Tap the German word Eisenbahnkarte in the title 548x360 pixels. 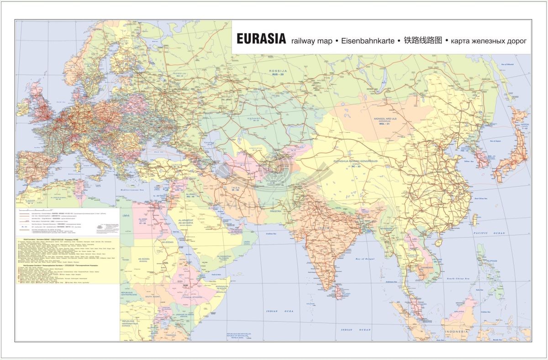[368, 41]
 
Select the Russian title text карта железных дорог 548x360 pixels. [489, 41]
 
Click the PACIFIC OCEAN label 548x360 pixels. [490, 233]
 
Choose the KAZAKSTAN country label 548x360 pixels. [256, 119]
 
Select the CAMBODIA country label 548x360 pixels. [427, 267]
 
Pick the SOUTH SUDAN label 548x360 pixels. [153, 297]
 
